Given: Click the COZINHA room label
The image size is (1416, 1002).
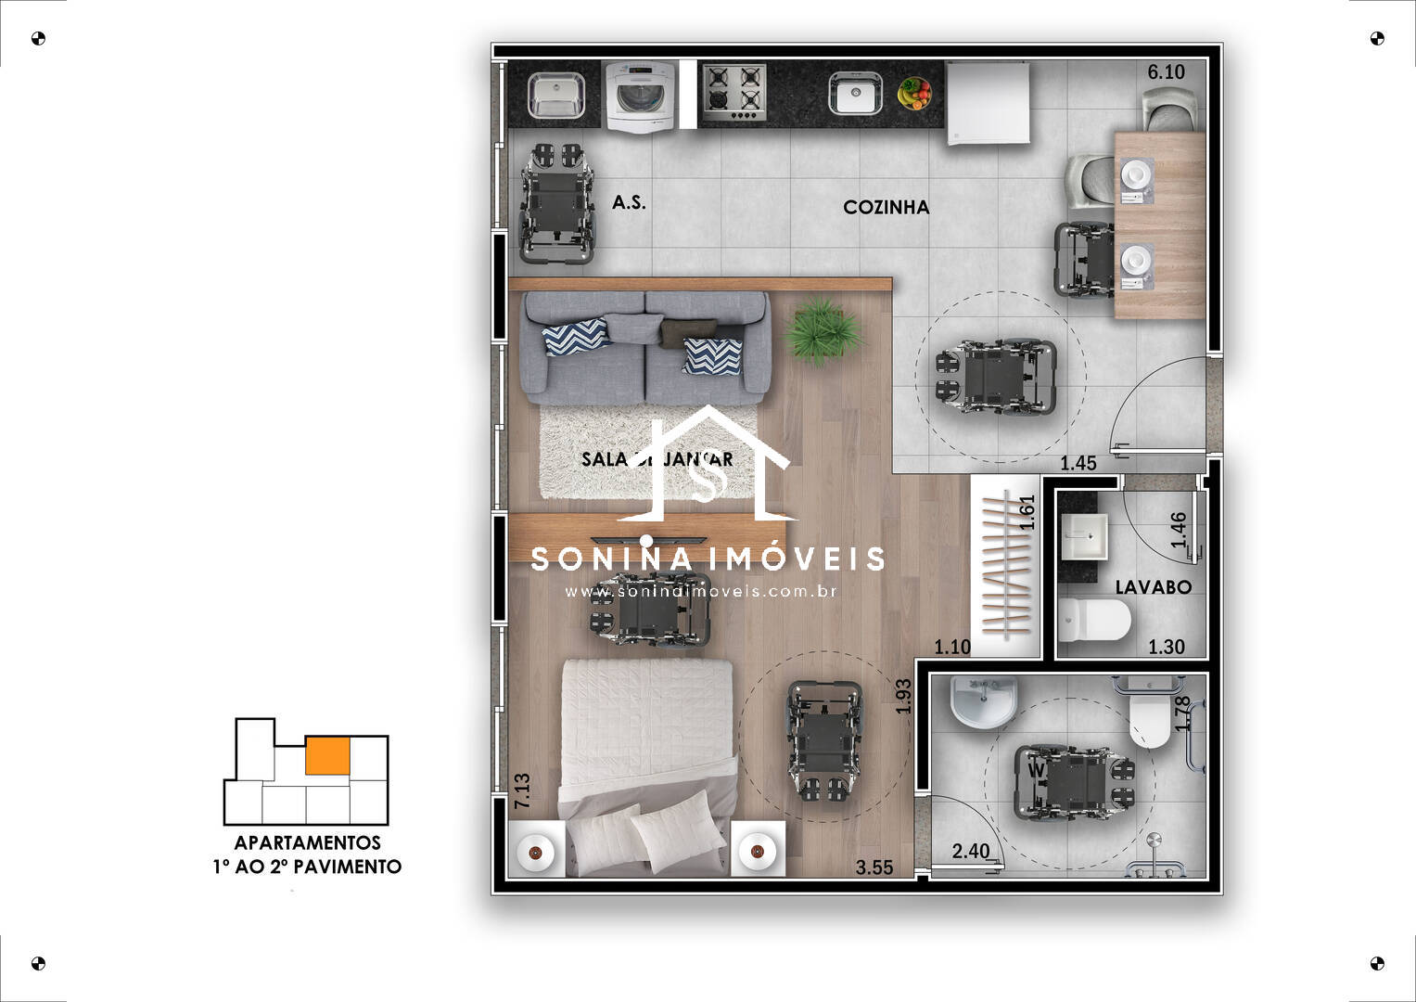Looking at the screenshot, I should pos(886,207).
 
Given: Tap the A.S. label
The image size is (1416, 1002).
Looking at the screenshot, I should pos(629,202).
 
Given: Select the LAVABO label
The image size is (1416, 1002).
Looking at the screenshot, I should pos(1153,587).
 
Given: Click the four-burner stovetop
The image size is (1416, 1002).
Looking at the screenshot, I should pos(733,93).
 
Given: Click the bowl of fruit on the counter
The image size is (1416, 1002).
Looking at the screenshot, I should pos(914,94).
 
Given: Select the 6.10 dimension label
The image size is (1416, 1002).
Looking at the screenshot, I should pos(1166,71).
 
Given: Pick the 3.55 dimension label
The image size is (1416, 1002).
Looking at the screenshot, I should pos(874,867).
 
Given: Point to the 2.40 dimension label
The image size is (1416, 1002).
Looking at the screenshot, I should pos(971,851).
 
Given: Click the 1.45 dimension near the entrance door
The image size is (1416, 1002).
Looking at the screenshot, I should pos(1078,463).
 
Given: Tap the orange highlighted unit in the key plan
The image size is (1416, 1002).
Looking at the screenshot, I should pos(327,756).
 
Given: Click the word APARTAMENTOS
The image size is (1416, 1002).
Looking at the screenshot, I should pos(307,842).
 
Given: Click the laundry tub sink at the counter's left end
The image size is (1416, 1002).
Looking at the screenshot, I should pos(555,96).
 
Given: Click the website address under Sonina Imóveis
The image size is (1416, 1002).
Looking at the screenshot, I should pos(701,591).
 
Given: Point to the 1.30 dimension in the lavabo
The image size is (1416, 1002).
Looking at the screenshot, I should pos(1166,647).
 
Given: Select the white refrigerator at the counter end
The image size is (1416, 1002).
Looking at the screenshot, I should pos(988,102).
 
